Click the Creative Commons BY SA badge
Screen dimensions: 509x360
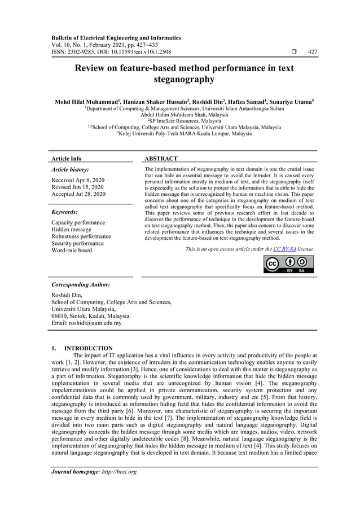289,264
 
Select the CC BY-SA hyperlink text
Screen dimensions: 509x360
284,248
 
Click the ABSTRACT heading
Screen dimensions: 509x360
161,159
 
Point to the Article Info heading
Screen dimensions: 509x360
66,159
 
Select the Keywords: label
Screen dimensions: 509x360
64,212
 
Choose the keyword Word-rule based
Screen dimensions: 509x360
72,250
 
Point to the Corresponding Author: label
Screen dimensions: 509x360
80,285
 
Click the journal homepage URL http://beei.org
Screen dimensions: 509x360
117,472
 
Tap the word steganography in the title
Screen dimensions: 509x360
179,80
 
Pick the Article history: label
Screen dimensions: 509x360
70,169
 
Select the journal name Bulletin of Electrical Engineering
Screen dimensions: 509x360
95,38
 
